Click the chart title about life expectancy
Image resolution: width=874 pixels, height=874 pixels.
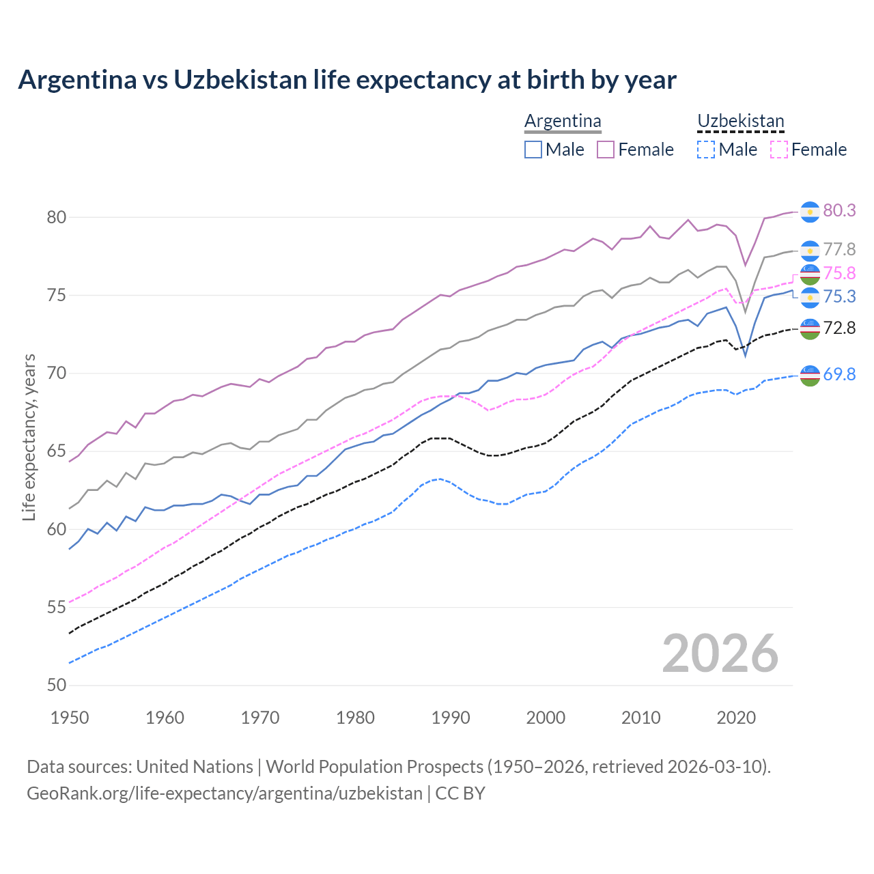point(347,80)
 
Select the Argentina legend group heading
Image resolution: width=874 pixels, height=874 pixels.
point(563,121)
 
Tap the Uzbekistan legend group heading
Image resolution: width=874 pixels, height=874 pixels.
point(740,121)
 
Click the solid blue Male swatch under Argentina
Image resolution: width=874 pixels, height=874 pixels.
point(533,150)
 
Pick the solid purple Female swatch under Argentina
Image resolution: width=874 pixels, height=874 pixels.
point(606,150)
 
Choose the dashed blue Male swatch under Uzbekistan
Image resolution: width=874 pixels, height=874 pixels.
point(706,150)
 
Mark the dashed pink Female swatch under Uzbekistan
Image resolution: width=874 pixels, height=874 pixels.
point(778,150)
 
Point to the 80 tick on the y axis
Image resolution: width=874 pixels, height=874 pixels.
point(56,217)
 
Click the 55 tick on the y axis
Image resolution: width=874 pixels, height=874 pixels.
point(56,607)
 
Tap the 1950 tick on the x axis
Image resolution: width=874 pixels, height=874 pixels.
point(70,718)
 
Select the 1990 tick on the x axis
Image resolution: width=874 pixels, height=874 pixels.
point(451,718)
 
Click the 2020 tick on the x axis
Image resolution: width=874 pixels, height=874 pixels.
point(736,718)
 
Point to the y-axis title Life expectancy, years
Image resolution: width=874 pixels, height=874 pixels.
point(29,437)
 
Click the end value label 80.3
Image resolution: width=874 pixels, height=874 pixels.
point(839,210)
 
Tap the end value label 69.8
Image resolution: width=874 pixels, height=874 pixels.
point(839,374)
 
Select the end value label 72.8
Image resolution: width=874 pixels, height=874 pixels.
point(839,328)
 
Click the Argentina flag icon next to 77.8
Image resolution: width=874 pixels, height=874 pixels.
point(810,251)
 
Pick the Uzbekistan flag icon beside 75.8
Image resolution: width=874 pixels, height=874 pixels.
point(810,274)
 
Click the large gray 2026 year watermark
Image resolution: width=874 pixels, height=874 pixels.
point(720,653)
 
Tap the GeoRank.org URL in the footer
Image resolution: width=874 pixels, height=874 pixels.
point(224,793)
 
